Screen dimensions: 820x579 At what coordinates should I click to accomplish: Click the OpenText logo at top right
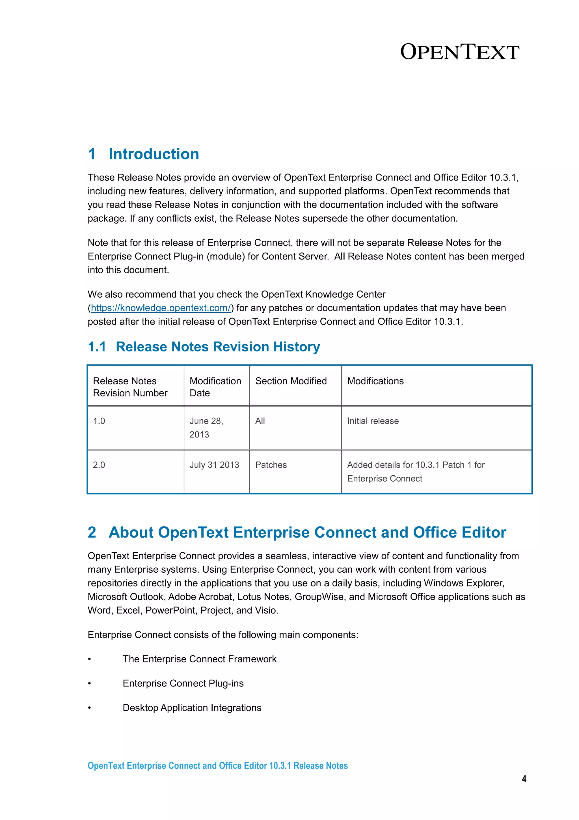coord(459,52)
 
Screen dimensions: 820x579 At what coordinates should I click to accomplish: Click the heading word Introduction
coord(154,154)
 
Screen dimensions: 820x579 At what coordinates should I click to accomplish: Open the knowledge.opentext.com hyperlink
coord(161,308)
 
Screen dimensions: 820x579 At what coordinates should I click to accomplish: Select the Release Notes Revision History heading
coord(218,347)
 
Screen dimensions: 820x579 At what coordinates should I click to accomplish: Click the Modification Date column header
coord(215,387)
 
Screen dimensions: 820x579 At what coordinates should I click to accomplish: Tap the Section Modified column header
coord(291,381)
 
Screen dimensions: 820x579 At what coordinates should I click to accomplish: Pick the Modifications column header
coord(375,381)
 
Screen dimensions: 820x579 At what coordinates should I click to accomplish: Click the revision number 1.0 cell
coord(99,421)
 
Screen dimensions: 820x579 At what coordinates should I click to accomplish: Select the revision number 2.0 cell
coord(99,465)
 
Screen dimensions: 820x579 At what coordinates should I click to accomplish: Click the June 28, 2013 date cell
coord(206,428)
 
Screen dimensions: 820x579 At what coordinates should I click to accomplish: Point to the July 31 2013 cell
coord(214,465)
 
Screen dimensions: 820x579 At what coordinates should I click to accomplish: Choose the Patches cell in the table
coord(271,465)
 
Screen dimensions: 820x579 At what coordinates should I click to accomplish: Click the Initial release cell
coord(373,421)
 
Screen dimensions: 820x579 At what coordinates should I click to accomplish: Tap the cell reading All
coord(260,421)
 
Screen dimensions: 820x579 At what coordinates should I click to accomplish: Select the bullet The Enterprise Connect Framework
coord(199,659)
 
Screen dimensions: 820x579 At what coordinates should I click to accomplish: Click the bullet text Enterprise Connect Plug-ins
coord(183,683)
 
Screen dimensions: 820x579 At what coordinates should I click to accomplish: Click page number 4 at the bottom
coord(524,779)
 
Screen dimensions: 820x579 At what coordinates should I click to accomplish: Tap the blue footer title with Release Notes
coord(218,766)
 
